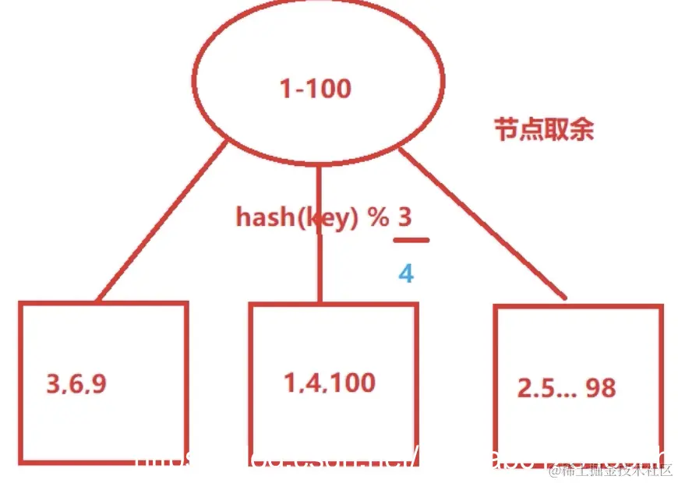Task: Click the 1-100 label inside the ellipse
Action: tap(315, 88)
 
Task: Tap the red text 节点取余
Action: tap(544, 129)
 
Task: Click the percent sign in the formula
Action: tap(379, 217)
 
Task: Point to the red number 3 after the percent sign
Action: tap(405, 216)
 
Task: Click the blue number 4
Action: tap(406, 273)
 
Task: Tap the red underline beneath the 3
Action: tap(411, 240)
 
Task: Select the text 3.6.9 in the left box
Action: tap(76, 384)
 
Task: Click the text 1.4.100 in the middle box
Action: tap(329, 383)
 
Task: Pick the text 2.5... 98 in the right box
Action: tap(566, 387)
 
